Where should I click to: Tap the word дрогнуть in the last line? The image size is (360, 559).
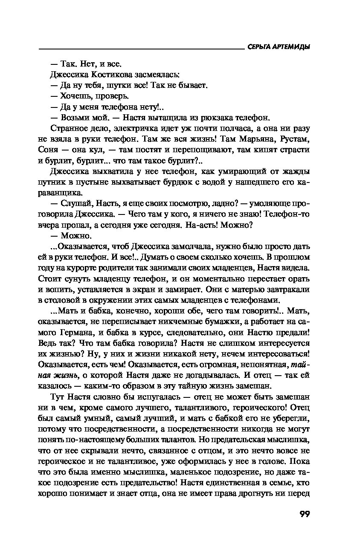point(267,494)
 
